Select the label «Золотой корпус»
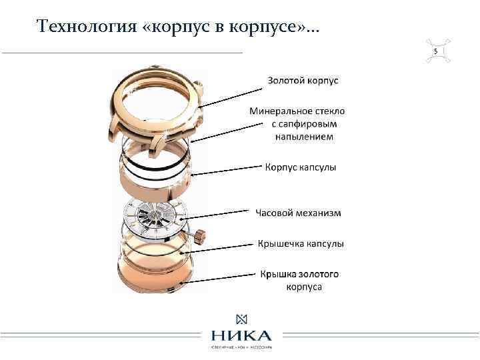(x=303, y=81)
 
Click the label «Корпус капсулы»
(x=301, y=167)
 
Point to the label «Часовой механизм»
(x=298, y=213)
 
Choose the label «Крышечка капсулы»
(x=301, y=244)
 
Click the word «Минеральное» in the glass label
(x=280, y=111)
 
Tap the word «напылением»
(x=304, y=137)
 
